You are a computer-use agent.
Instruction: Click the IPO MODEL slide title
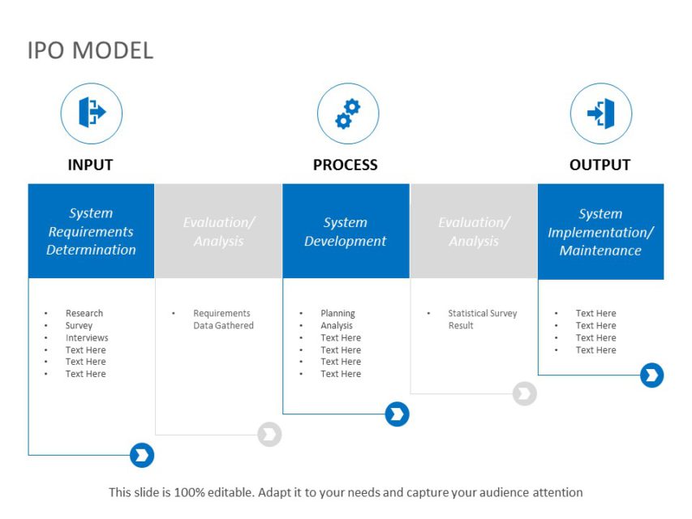pyautogui.click(x=90, y=50)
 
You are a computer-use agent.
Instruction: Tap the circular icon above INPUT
pyautogui.click(x=91, y=114)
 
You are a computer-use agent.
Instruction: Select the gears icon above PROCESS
pyautogui.click(x=347, y=114)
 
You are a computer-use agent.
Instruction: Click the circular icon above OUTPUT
pyautogui.click(x=600, y=114)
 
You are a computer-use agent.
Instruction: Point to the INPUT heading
pyautogui.click(x=90, y=165)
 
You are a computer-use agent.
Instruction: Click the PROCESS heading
pyautogui.click(x=346, y=165)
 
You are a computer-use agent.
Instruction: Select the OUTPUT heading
pyautogui.click(x=600, y=165)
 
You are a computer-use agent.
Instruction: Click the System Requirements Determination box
pyautogui.click(x=91, y=231)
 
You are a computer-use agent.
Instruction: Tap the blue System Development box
pyautogui.click(x=346, y=231)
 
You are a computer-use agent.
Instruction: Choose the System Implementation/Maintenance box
pyautogui.click(x=600, y=232)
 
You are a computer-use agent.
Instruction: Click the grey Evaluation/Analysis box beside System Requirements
pyautogui.click(x=218, y=231)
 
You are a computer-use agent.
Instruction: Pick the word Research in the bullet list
pyautogui.click(x=84, y=313)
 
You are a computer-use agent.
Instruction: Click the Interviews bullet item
pyautogui.click(x=87, y=337)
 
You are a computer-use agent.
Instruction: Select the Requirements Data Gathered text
pyautogui.click(x=223, y=320)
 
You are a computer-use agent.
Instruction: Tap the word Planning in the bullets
pyautogui.click(x=337, y=313)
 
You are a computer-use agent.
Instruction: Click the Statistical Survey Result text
pyautogui.click(x=482, y=320)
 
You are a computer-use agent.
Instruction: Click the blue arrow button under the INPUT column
pyautogui.click(x=142, y=456)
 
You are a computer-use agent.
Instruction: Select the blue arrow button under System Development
pyautogui.click(x=397, y=414)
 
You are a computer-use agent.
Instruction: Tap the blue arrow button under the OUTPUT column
pyautogui.click(x=651, y=375)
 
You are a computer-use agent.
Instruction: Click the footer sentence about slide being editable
pyautogui.click(x=346, y=492)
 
